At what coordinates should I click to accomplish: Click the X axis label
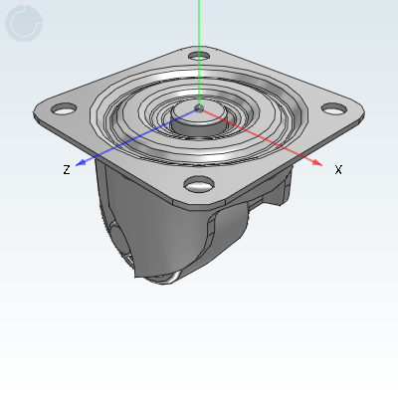[x=338, y=169]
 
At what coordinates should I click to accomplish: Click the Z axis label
[x=67, y=170]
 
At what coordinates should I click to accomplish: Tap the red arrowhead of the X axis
[x=316, y=162]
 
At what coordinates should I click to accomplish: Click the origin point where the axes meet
[x=199, y=107]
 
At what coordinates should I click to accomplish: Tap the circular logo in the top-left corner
[x=24, y=23]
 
